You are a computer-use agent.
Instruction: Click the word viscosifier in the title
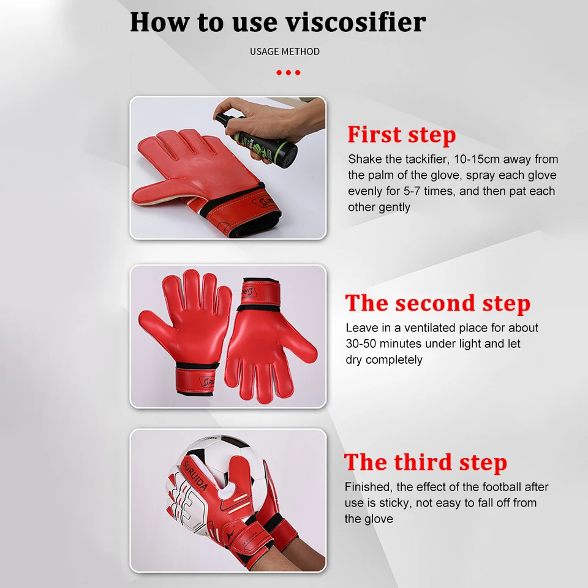tap(356, 22)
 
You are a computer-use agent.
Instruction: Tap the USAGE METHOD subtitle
tap(285, 51)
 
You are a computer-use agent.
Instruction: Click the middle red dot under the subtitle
tap(288, 72)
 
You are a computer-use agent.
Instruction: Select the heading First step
tap(402, 135)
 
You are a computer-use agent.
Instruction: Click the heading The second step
tap(437, 303)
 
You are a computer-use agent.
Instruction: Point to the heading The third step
tap(426, 462)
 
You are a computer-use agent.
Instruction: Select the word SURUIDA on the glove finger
tap(195, 475)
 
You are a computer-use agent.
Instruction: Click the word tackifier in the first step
tap(427, 159)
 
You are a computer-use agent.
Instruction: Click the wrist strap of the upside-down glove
tap(259, 292)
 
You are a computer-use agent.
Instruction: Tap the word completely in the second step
tap(394, 360)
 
